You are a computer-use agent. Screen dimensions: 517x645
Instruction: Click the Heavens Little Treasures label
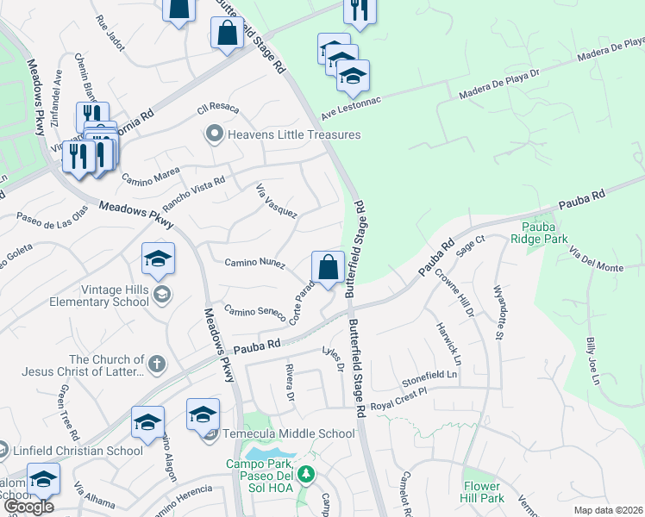(293, 134)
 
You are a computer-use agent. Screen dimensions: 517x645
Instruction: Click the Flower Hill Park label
(482, 491)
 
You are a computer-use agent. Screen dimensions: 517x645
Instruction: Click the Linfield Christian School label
(78, 451)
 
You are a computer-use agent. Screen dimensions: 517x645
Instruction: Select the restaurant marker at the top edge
(359, 10)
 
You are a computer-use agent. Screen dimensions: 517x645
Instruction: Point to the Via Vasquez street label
(277, 200)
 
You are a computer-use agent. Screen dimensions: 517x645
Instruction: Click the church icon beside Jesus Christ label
(155, 364)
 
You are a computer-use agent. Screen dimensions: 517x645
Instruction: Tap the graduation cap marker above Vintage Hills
(158, 258)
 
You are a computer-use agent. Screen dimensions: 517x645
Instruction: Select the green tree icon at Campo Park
(305, 473)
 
